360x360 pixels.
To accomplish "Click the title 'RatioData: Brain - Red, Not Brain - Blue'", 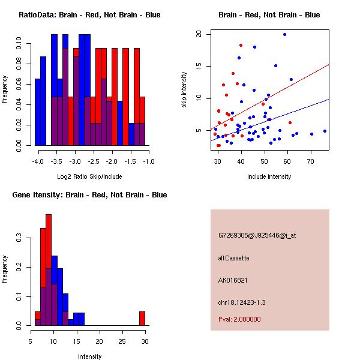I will (89, 15).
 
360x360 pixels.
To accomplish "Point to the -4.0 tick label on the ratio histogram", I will (38, 162).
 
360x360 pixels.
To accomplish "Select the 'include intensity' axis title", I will (269, 176).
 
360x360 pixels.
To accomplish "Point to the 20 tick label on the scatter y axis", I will (201, 34).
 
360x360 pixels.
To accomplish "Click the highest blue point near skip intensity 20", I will (284, 35).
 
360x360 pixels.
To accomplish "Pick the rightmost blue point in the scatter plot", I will (325, 131).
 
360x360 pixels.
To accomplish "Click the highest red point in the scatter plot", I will (241, 45).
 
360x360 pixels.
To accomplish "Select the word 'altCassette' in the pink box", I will (234, 258).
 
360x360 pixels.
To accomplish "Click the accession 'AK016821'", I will (233, 280).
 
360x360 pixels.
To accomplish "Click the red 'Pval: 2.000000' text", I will (239, 319).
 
